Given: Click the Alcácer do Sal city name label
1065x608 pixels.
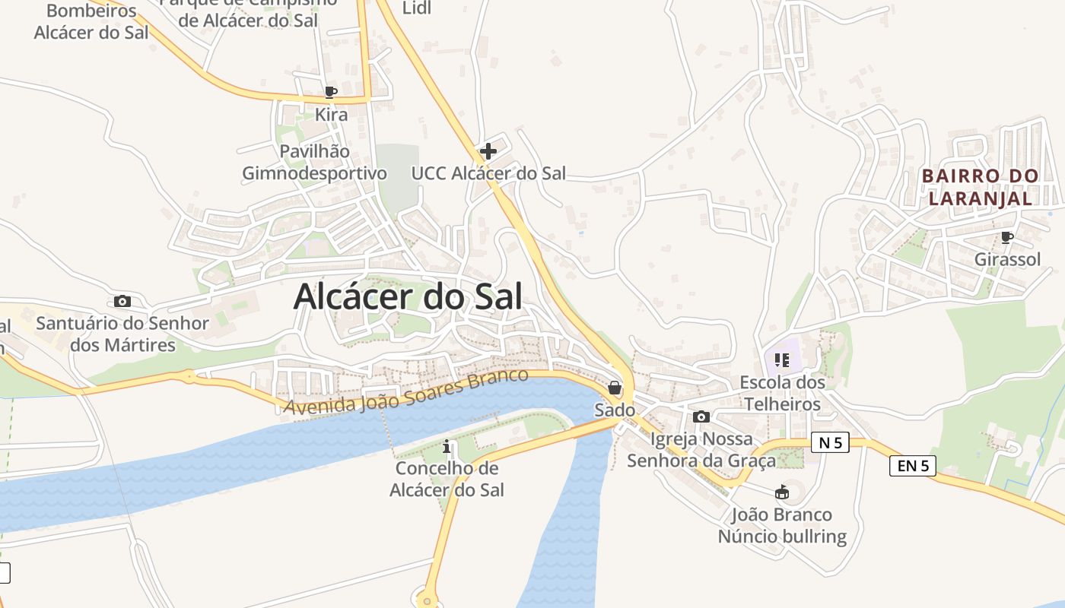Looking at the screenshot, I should (x=408, y=297).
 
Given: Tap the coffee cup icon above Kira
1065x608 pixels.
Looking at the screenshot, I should (x=330, y=93).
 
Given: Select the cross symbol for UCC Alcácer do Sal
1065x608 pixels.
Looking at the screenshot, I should (x=488, y=151).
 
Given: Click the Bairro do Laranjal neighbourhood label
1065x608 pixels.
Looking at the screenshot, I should (x=980, y=187).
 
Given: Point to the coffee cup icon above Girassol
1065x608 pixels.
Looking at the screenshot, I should (x=1007, y=238).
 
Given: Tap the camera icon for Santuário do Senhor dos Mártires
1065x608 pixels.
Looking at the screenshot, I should (x=122, y=302).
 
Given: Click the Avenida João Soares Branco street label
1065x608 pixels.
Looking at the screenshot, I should (x=405, y=392).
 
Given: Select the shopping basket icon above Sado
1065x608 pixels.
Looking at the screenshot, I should (x=615, y=388).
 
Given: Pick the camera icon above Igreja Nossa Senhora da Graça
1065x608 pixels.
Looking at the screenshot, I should (x=701, y=416).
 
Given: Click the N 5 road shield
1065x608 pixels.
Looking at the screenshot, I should (x=829, y=442).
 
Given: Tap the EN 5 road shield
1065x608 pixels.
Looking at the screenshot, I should (x=912, y=466).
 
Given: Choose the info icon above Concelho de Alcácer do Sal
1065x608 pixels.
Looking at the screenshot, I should (x=447, y=446).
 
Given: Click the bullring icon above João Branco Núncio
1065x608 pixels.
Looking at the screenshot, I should (x=781, y=492).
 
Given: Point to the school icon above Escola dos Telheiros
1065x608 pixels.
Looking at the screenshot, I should (x=782, y=359).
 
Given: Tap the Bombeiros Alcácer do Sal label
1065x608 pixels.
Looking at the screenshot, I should (x=91, y=21).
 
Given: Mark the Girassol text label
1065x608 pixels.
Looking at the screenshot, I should (x=1007, y=259).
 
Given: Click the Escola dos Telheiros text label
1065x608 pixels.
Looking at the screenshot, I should (x=782, y=393).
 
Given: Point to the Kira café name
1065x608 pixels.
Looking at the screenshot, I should (x=331, y=115).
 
